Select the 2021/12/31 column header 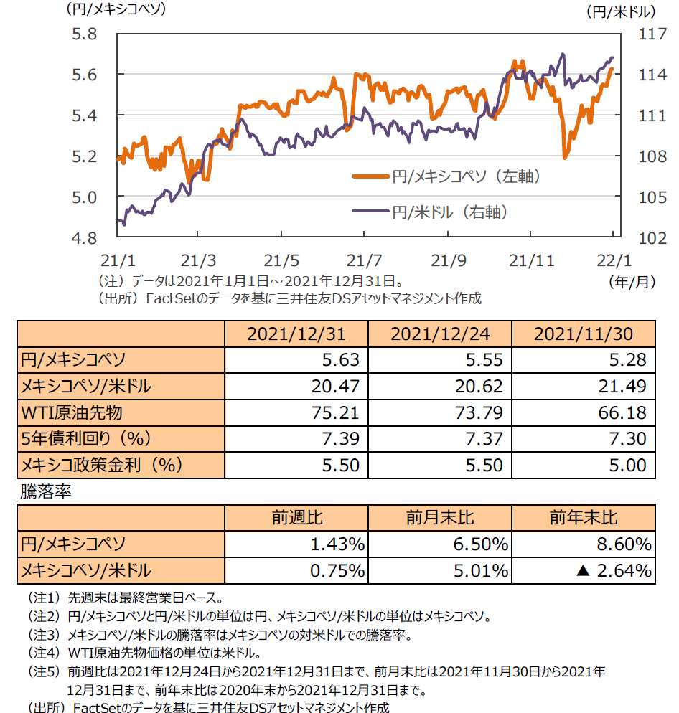[x=296, y=334]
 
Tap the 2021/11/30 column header [x=583, y=334]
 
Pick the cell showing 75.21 [x=338, y=412]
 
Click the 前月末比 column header [x=440, y=518]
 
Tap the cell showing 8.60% [x=622, y=544]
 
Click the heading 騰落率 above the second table [x=47, y=493]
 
